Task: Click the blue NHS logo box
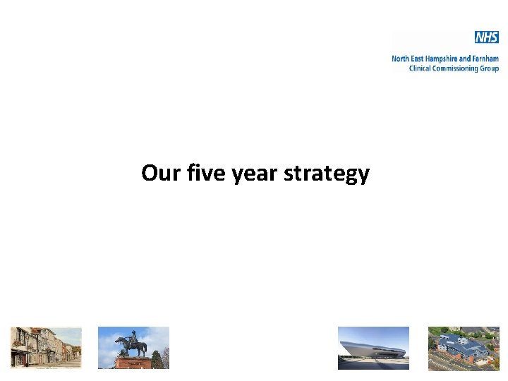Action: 486,37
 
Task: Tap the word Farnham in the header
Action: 485,59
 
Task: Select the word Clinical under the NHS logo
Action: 422,68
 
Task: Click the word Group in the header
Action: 490,68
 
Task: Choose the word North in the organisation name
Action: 401,59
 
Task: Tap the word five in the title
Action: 199,173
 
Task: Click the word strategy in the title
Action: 326,173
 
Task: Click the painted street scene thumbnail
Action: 46,348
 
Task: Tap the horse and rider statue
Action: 132,344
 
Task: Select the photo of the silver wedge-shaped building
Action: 373,348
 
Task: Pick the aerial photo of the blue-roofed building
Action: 464,348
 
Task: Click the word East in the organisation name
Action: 419,59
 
